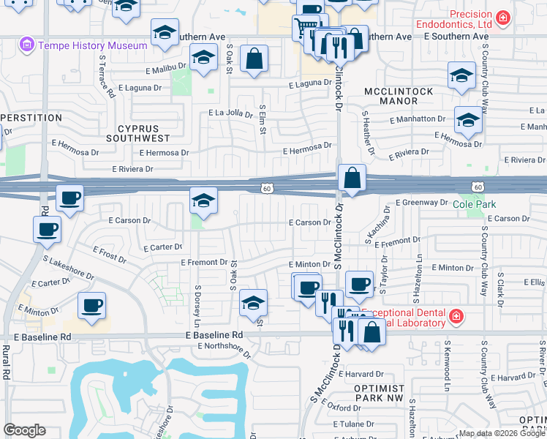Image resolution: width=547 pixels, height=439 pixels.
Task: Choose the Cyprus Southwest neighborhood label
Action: (x=143, y=132)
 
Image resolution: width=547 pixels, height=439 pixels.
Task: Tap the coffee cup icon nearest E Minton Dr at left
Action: (x=92, y=305)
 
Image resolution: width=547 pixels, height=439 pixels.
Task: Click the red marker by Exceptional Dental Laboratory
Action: (x=456, y=316)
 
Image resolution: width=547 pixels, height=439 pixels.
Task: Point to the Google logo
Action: (x=25, y=430)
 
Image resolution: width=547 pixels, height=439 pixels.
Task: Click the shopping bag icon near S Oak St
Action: (x=254, y=59)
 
